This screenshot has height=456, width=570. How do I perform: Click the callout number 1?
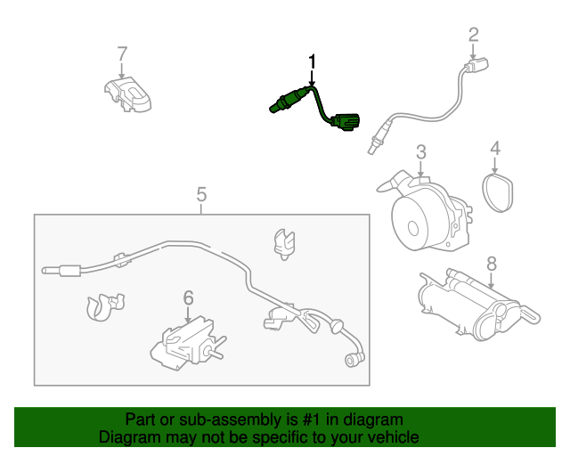(x=312, y=62)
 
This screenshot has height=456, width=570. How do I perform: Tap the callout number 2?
(x=473, y=35)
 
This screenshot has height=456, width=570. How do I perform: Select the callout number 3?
(x=421, y=152)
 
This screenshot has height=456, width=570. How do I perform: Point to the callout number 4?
(x=495, y=148)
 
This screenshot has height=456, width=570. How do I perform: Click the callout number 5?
(x=201, y=194)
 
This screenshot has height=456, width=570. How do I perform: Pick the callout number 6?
(x=188, y=297)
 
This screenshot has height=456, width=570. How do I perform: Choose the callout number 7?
(x=123, y=53)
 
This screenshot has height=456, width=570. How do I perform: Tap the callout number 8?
(x=492, y=264)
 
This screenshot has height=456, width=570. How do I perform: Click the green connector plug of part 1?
(x=346, y=122)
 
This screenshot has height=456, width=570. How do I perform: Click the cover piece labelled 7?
(x=128, y=94)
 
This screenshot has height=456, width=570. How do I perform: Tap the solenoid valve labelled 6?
(x=187, y=344)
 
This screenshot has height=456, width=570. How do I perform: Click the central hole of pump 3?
(x=413, y=228)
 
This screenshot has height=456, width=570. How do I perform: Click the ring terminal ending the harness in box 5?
(x=352, y=361)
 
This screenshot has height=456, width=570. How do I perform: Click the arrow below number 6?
(x=188, y=315)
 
